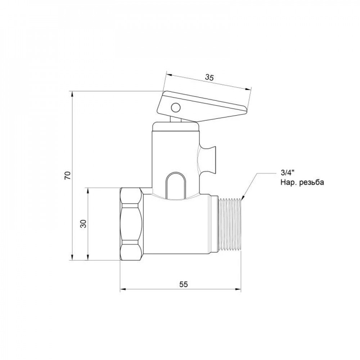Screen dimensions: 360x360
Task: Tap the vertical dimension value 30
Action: coord(84,224)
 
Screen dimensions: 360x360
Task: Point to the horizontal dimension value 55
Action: coord(183,284)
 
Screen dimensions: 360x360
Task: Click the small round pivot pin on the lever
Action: coord(175,107)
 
